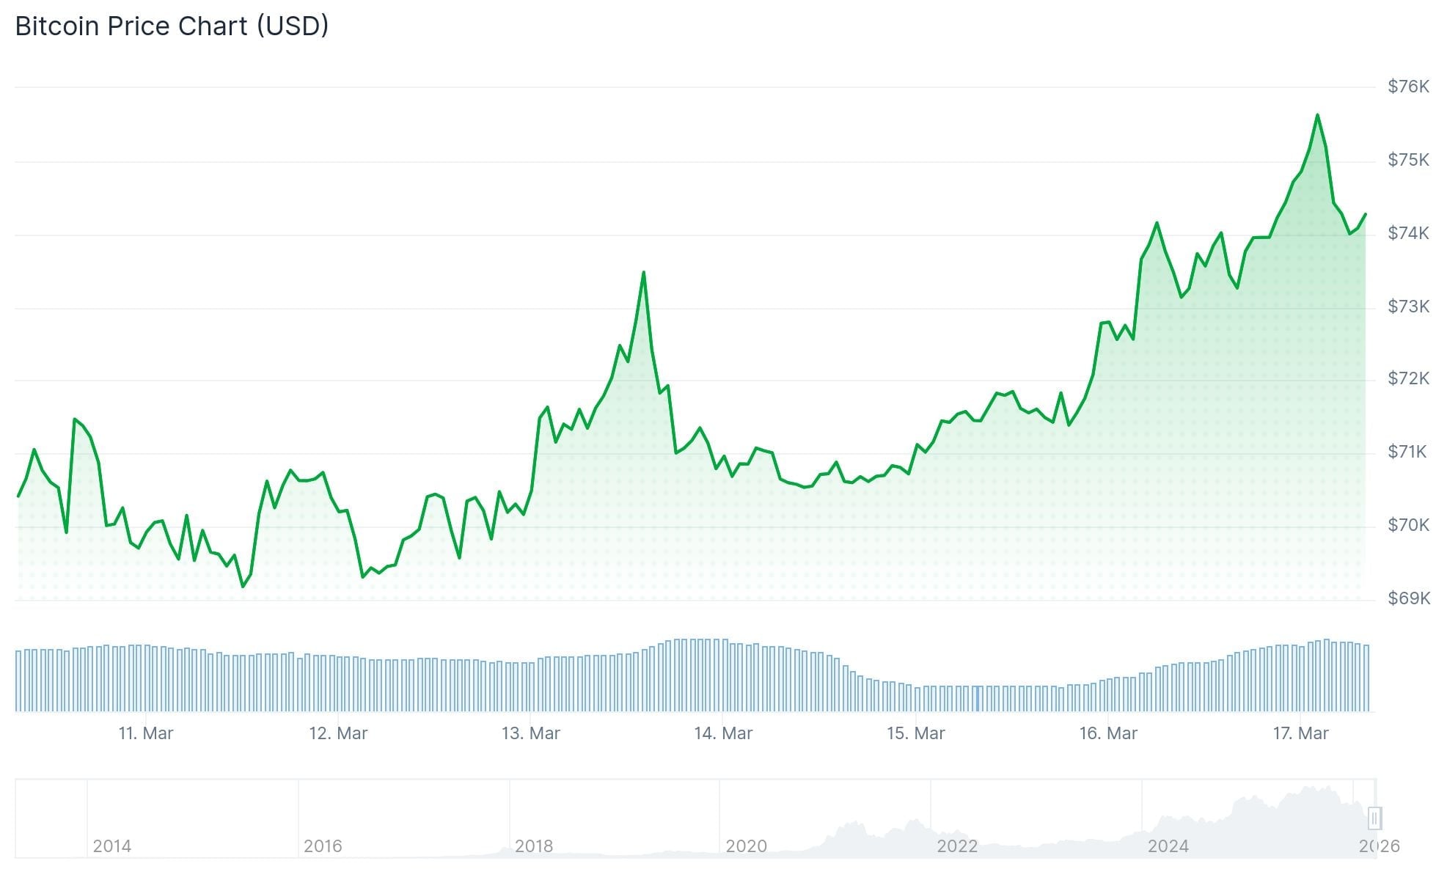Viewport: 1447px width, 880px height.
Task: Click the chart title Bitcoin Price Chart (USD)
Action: tap(172, 26)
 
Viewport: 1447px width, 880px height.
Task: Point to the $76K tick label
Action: tap(1408, 87)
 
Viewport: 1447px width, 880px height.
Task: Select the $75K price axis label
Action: tap(1408, 160)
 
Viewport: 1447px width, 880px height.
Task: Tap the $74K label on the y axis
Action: tap(1408, 233)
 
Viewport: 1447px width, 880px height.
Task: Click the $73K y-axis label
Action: tap(1408, 307)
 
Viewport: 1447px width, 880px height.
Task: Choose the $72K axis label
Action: tap(1408, 378)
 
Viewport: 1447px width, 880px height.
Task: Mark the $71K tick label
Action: tap(1407, 452)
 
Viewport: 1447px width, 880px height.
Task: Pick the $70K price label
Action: tap(1408, 525)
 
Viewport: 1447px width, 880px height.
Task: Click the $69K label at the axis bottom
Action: tap(1408, 598)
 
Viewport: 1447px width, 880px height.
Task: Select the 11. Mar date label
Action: tap(146, 733)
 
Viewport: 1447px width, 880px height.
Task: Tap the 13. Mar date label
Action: tap(530, 733)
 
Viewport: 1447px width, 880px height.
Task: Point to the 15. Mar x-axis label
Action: tap(915, 733)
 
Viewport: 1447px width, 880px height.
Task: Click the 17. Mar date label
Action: tap(1300, 733)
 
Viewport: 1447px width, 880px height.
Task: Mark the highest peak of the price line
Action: tap(1317, 115)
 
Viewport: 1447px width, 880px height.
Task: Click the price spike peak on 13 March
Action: tap(643, 273)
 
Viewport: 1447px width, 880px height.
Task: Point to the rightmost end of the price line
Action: tap(1366, 214)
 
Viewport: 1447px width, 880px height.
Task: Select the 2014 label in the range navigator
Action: tap(112, 846)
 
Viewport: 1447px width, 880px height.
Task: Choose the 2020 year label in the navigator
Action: tap(746, 846)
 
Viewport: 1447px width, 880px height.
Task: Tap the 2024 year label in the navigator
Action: tap(1168, 846)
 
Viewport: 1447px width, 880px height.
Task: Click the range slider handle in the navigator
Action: tap(1374, 818)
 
